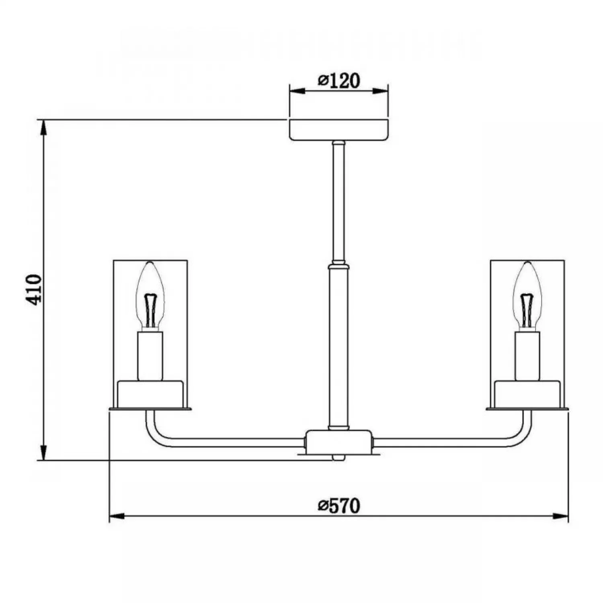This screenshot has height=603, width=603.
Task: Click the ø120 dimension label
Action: [x=338, y=81]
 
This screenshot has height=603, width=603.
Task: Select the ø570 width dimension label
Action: [x=338, y=506]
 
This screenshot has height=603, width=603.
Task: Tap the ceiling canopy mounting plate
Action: [x=339, y=129]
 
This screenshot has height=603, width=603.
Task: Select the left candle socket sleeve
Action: [x=150, y=356]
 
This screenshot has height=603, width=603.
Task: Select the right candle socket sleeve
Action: [x=527, y=356]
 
